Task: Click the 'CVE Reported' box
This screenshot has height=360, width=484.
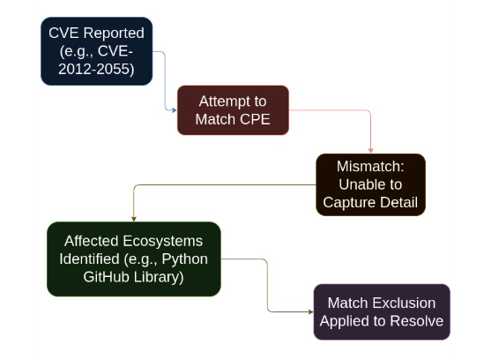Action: [96, 51]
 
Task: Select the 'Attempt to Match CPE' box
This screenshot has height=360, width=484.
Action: [234, 109]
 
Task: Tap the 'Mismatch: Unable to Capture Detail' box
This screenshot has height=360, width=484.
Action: [370, 184]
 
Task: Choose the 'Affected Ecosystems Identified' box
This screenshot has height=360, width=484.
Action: [133, 259]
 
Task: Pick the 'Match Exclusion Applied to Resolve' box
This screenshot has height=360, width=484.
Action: [381, 311]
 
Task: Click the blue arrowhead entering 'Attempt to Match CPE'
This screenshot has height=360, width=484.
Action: [174, 109]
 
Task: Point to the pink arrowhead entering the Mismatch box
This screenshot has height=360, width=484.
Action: [370, 150]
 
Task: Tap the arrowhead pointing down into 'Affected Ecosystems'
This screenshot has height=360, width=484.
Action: [133, 218]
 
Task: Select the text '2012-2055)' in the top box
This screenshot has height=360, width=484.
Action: [97, 69]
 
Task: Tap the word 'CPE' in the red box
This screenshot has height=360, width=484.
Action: [255, 118]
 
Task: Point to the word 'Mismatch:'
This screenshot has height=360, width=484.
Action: [370, 167]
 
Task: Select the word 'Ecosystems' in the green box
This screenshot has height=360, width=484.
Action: [165, 241]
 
